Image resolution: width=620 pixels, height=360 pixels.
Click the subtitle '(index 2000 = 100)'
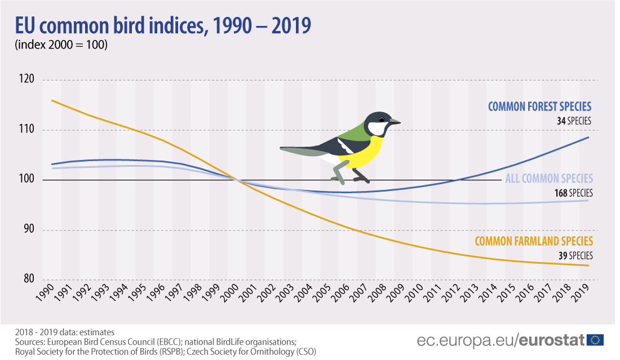click(x=60, y=46)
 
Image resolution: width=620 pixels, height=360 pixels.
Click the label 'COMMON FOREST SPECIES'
click(x=539, y=106)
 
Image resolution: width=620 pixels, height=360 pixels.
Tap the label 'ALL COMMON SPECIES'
click(x=549, y=179)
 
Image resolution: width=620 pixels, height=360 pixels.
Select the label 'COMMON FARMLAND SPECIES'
click(x=534, y=241)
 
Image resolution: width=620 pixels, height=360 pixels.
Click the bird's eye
click(x=383, y=119)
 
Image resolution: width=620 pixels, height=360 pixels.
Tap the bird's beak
click(x=395, y=121)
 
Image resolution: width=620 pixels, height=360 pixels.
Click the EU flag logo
click(x=595, y=340)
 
